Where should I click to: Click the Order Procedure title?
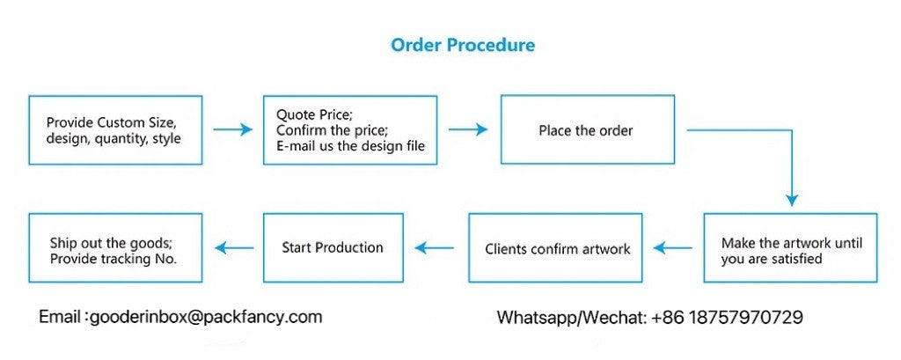click(463, 45)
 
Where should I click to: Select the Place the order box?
click(587, 130)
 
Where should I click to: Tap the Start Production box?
click(333, 247)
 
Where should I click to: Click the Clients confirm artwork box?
click(558, 248)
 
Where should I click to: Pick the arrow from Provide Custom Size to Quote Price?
click(232, 129)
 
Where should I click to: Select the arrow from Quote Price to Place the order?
click(468, 129)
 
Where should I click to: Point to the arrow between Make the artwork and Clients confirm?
click(672, 248)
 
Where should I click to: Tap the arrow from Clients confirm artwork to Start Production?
click(435, 248)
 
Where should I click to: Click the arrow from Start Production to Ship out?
click(233, 248)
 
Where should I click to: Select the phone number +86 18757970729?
click(727, 317)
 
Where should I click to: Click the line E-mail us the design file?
click(351, 146)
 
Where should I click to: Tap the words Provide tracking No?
click(114, 259)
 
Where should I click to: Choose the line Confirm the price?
click(332, 130)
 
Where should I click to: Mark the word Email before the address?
click(60, 316)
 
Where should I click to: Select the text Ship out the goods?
click(109, 243)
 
